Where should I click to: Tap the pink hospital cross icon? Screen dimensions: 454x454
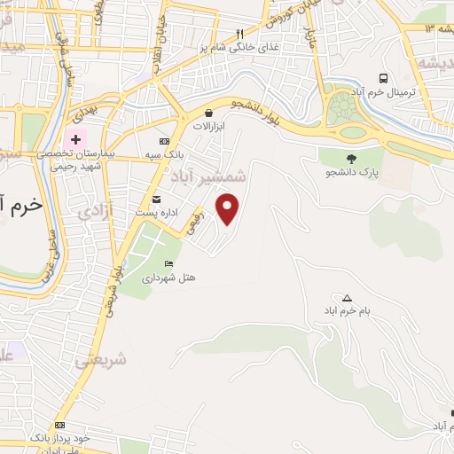(x=75, y=139)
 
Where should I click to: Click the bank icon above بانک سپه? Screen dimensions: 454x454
(x=163, y=141)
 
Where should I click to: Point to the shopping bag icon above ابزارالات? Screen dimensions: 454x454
(x=208, y=113)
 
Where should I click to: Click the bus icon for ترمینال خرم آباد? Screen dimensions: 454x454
(x=383, y=78)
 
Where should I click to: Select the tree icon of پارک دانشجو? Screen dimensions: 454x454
(x=352, y=158)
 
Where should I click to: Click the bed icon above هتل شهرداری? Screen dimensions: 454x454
(x=169, y=263)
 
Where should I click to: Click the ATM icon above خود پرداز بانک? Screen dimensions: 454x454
(x=59, y=425)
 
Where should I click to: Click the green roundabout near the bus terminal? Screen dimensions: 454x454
(x=340, y=111)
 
